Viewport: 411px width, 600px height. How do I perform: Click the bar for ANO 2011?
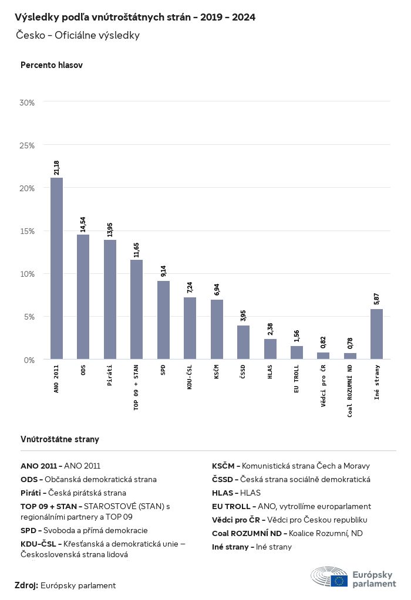pos(56,268)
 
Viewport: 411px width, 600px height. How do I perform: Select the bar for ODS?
pos(83,297)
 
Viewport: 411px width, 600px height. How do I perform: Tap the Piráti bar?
pos(110,299)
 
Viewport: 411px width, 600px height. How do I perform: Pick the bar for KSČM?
pos(217,329)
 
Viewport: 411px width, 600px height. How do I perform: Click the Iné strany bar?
pos(376,334)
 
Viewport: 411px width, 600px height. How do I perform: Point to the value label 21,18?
pos(56,167)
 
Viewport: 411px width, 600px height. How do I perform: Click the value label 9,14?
pos(163,272)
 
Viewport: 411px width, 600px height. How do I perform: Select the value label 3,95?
pos(243,316)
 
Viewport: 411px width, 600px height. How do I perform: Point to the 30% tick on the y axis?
pos(28,103)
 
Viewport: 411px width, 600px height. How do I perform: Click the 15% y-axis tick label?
pos(28,231)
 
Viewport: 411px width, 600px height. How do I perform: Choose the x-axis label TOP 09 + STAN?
pos(137,387)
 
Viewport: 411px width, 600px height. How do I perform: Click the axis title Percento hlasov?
pos(52,65)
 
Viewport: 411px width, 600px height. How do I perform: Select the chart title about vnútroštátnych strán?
pos(135,18)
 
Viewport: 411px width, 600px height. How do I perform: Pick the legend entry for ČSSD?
pos(291,479)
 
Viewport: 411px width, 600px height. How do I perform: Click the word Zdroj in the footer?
pos(26,585)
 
